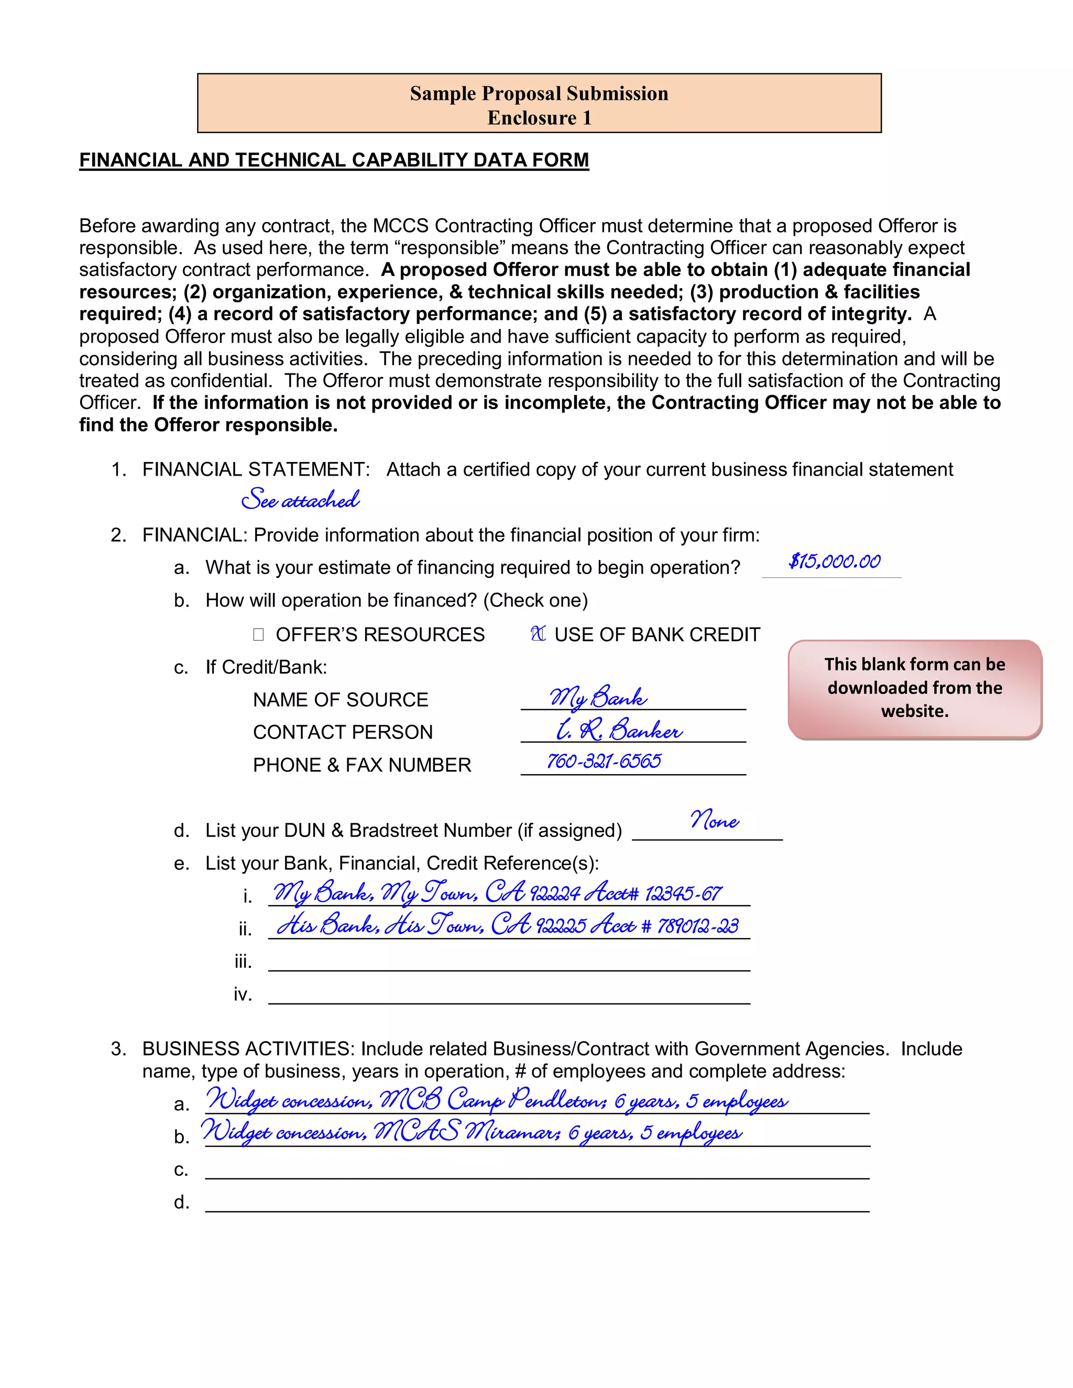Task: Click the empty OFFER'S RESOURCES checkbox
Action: click(258, 634)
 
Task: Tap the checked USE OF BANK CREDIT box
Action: click(538, 634)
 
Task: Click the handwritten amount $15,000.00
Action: click(834, 561)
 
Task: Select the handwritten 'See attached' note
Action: click(301, 500)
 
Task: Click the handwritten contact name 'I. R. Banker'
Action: click(619, 730)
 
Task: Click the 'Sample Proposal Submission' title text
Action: click(539, 93)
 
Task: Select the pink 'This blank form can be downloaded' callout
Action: click(915, 688)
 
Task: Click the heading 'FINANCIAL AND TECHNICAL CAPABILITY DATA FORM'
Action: click(334, 160)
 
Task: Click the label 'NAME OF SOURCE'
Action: click(341, 700)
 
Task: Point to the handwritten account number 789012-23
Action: click(697, 926)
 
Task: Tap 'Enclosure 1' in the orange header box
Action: click(539, 118)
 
